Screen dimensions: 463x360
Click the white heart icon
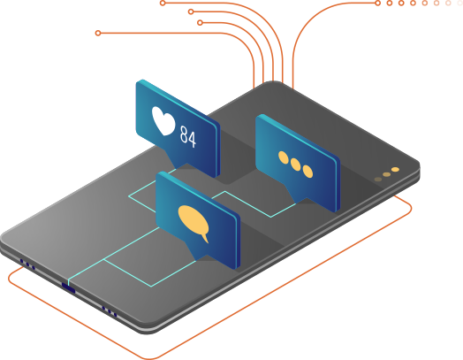[x=163, y=121]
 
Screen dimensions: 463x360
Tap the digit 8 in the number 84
[x=184, y=134]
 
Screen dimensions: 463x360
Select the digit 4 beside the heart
[x=192, y=139]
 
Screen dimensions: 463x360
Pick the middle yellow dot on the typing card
[x=295, y=165]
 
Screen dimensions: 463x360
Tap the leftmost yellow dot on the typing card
[x=284, y=157]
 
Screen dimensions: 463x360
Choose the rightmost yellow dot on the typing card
[x=307, y=172]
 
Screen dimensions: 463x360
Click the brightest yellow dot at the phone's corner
[x=395, y=169]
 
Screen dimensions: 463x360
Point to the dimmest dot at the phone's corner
[x=378, y=180]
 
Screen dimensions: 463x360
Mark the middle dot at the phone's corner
[x=386, y=174]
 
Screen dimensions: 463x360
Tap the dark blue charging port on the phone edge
[x=68, y=287]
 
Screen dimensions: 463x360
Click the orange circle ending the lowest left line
[x=98, y=33]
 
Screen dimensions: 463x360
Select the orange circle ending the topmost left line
[x=163, y=3]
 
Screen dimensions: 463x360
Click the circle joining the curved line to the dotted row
[x=377, y=3]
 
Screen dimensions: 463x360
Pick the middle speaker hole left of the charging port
[x=27, y=264]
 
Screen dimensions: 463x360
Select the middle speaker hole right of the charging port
[x=110, y=311]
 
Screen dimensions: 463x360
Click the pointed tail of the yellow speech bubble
[x=206, y=239]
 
